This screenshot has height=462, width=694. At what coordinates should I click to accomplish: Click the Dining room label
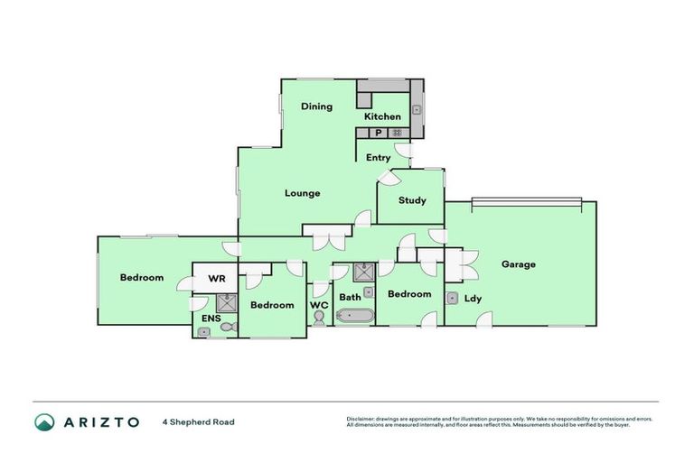(x=316, y=106)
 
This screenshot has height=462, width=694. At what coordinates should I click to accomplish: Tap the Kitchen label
(x=382, y=116)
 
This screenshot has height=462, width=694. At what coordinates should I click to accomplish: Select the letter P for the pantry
(x=378, y=134)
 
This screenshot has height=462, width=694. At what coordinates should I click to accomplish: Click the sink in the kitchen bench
(x=417, y=109)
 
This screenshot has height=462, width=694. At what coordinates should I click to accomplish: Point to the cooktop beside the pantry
(x=396, y=134)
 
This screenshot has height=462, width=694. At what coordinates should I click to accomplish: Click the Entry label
(x=378, y=158)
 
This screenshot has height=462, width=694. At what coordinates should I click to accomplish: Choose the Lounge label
(x=302, y=193)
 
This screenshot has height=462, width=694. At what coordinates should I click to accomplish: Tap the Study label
(x=411, y=200)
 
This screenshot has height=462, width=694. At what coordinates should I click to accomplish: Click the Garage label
(x=519, y=264)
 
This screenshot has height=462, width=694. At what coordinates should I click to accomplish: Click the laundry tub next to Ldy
(x=451, y=298)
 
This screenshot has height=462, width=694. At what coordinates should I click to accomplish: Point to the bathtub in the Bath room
(x=353, y=316)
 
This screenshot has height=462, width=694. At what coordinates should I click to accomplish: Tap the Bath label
(x=350, y=296)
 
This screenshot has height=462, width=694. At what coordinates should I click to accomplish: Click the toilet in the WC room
(x=318, y=318)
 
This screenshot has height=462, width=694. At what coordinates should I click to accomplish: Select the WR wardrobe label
(x=217, y=279)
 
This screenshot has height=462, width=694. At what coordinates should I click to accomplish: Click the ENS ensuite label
(x=210, y=319)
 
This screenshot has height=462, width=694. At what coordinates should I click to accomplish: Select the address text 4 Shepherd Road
(x=198, y=421)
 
